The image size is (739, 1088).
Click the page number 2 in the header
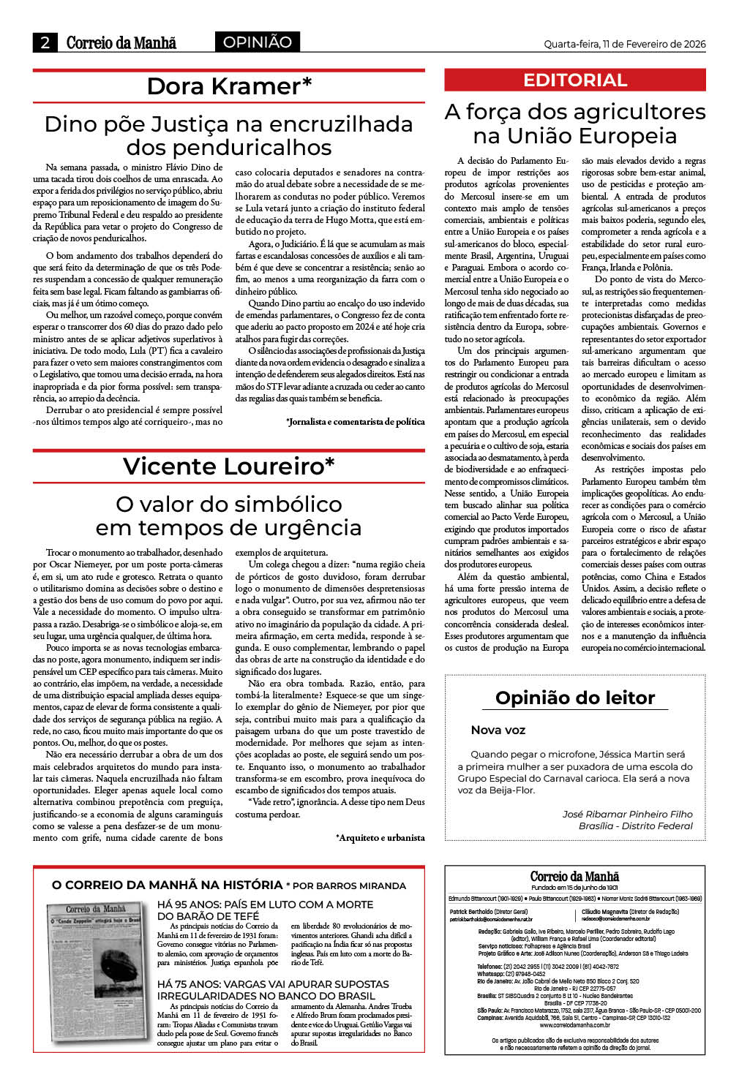[45, 42]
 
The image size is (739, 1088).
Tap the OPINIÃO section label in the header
[258, 42]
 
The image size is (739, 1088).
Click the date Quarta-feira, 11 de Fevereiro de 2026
[624, 44]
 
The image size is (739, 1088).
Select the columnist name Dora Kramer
[229, 86]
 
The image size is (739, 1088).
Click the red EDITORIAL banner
[575, 80]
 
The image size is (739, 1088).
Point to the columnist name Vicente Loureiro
[229, 466]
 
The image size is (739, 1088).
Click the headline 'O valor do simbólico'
[229, 504]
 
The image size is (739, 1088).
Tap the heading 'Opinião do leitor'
[575, 698]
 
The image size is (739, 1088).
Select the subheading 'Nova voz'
[498, 730]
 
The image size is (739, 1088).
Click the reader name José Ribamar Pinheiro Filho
[627, 814]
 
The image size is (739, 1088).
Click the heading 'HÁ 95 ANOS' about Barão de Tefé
[265, 910]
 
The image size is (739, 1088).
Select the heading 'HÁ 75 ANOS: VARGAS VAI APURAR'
[273, 990]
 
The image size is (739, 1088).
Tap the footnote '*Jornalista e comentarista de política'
[356, 422]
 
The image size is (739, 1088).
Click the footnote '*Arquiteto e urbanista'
[380, 838]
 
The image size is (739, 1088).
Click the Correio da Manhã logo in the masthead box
[574, 876]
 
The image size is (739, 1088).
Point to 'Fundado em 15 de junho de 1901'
[574, 887]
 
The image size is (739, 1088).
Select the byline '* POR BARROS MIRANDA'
[345, 885]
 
